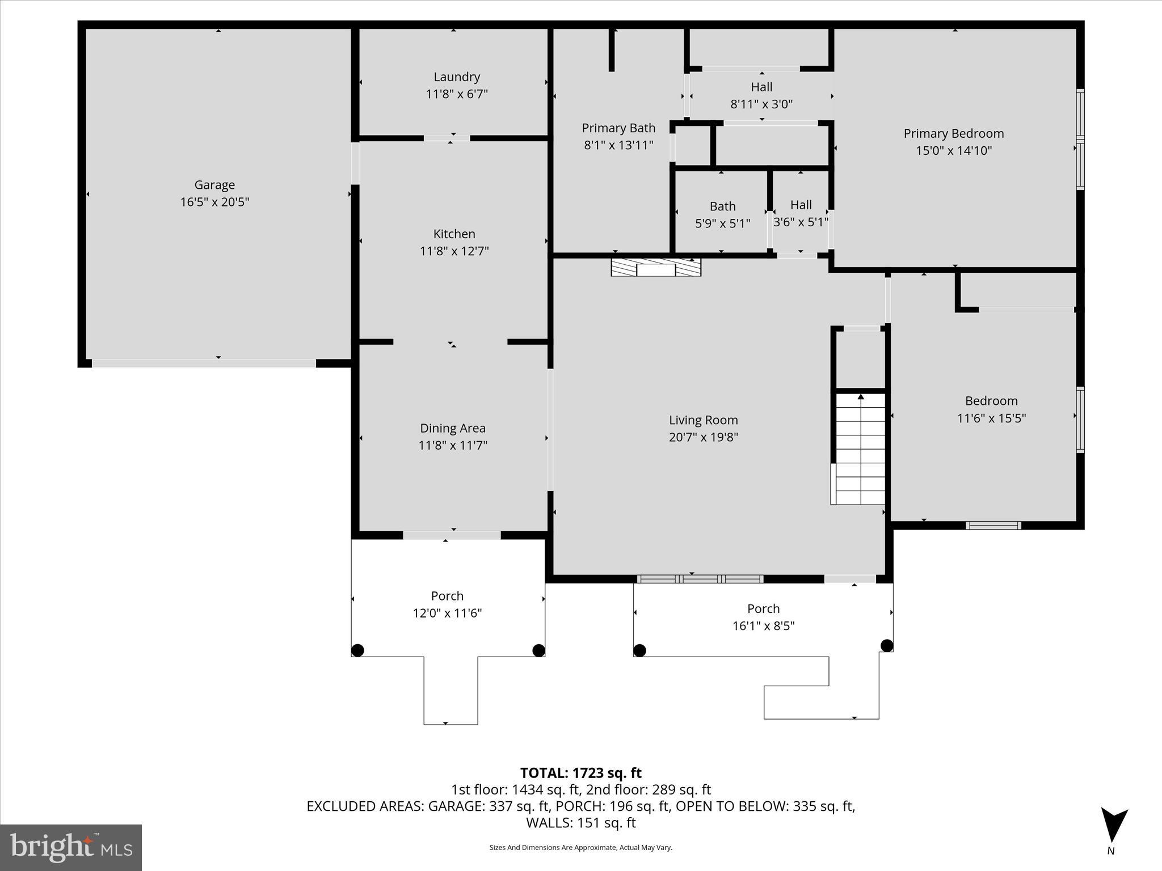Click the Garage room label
[214, 185]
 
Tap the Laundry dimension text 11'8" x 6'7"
[457, 94]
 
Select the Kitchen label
[454, 234]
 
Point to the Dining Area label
[453, 428]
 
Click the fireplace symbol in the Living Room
[656, 267]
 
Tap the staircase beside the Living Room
[860, 448]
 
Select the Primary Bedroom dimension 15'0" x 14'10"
[954, 151]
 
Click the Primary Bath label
[618, 128]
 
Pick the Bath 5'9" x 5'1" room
[722, 215]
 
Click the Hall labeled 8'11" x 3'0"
[761, 95]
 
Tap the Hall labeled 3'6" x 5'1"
[801, 213]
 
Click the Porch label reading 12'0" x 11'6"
[447, 604]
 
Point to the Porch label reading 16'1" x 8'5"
[763, 617]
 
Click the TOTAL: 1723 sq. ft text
[580, 773]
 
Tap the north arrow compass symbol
[1114, 826]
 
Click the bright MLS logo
[71, 848]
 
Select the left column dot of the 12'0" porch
[357, 650]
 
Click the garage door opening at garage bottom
[204, 363]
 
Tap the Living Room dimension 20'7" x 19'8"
[703, 437]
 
